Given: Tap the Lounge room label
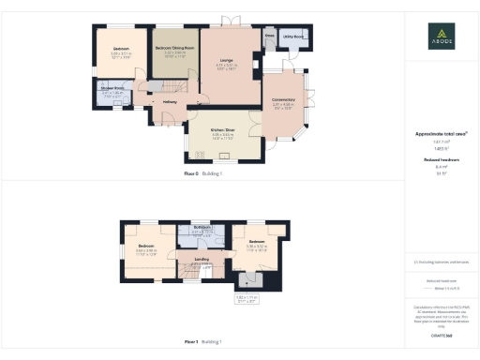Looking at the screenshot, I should pos(227,60).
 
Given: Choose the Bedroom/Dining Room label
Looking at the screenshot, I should pos(174,47).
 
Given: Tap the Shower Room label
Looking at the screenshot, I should pos(112,90).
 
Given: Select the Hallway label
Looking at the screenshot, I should pos(171,101).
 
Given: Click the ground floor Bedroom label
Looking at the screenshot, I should pos(121,48).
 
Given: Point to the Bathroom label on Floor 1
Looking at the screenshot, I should pos(201,228).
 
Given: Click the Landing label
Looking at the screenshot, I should pos(201,259).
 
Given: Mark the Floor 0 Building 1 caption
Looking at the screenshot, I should pos(202,174).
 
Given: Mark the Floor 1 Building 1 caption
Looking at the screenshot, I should pos(202,341).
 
